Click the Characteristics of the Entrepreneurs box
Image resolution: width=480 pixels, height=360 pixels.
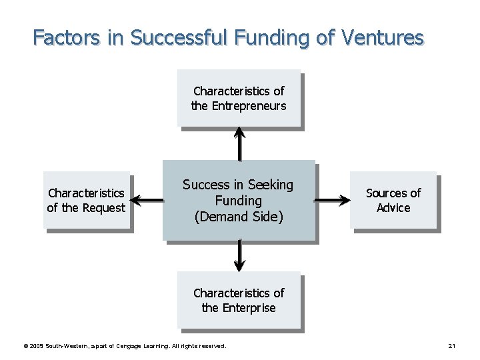(x=238, y=98)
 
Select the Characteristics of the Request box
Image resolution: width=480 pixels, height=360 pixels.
(x=86, y=201)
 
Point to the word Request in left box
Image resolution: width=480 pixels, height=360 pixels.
(x=103, y=208)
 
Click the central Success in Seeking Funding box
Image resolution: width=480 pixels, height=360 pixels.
(x=238, y=200)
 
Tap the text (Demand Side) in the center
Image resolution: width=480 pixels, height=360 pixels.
(x=238, y=216)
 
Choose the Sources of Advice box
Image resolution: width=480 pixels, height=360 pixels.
(x=393, y=201)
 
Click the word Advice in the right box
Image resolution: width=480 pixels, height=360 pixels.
(x=393, y=208)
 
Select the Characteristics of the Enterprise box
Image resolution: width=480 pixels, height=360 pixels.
(x=238, y=300)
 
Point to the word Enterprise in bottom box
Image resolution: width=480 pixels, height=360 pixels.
(x=247, y=308)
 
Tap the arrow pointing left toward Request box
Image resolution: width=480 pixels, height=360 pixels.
(x=147, y=199)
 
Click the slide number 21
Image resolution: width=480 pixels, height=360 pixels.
(x=451, y=346)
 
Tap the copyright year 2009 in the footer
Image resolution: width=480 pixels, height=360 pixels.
(x=37, y=346)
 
